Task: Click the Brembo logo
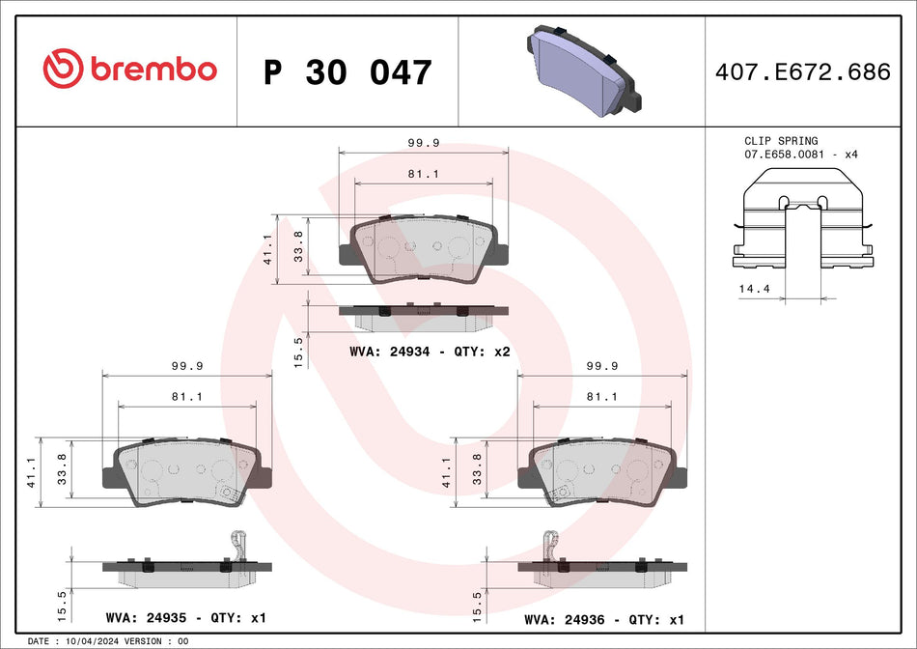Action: point(129,70)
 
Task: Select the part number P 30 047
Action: point(347,72)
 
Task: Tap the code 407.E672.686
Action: point(801,72)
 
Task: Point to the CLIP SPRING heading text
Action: point(781,141)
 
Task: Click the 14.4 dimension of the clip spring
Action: point(747,289)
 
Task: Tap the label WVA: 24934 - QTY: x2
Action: point(430,353)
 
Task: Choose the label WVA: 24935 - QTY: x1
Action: point(185,617)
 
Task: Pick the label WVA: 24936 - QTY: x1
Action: point(603,617)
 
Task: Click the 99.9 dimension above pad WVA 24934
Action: point(424,142)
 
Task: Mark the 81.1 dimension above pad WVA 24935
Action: point(186,396)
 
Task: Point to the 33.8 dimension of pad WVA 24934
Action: point(298,246)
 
